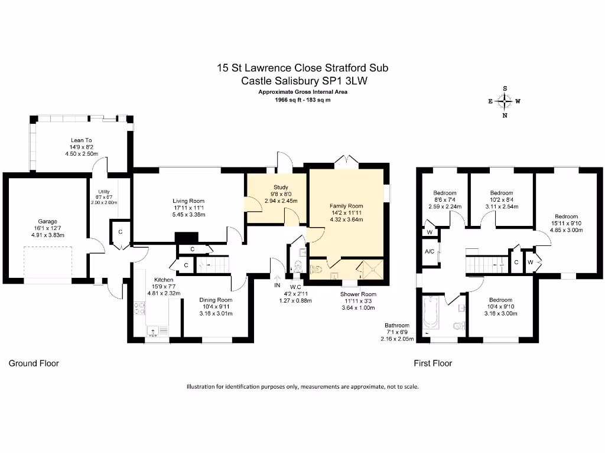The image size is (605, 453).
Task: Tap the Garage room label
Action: pos(40,222)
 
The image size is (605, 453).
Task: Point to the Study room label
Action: pos(275,186)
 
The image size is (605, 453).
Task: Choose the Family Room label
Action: pos(346,206)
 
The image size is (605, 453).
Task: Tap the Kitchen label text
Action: pos(164,280)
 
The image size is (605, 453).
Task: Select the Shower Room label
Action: pos(358,294)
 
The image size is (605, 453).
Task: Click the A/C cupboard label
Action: pos(430,252)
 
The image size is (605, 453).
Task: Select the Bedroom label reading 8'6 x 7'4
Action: pos(444,193)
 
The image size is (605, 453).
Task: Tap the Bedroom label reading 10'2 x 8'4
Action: pos(502,193)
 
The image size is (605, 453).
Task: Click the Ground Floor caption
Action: pos(34,363)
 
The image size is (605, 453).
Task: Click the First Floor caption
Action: pos(432,363)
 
